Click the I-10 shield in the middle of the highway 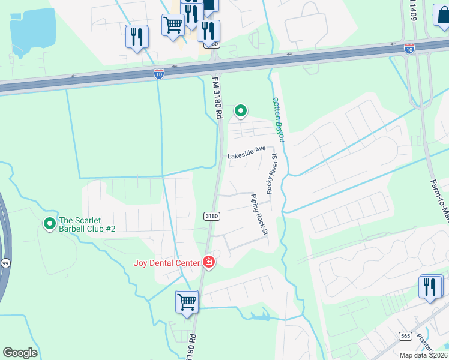click(158, 73)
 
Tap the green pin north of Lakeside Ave click(241, 110)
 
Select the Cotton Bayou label click(279, 120)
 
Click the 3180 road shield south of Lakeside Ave click(211, 216)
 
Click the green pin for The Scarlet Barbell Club click(49, 224)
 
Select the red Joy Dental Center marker click(208, 262)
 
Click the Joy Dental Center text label click(167, 262)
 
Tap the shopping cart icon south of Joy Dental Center click(187, 301)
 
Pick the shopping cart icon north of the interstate click(173, 25)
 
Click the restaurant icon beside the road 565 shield click(430, 287)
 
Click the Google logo click(20, 353)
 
